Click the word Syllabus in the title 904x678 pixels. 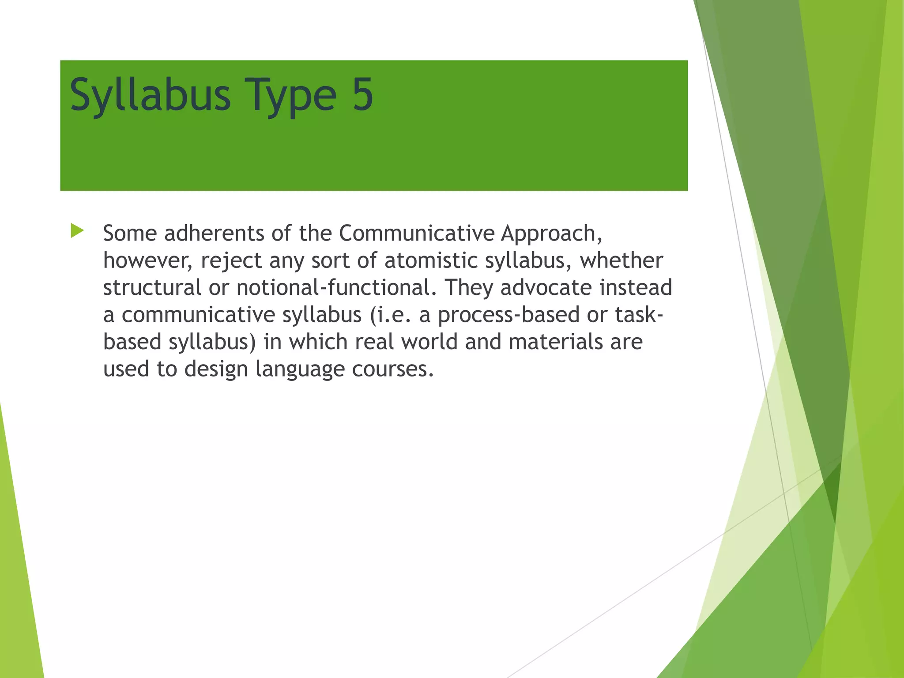click(150, 95)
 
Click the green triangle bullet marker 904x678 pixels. click(77, 231)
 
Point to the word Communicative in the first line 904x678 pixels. click(417, 233)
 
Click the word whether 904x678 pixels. click(621, 260)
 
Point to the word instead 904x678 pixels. click(636, 287)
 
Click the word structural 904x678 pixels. click(152, 287)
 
